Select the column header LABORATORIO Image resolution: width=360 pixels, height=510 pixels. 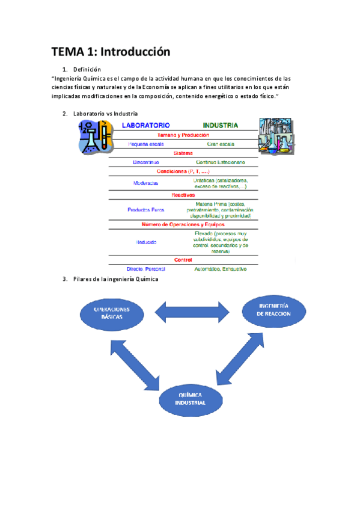tap(145, 126)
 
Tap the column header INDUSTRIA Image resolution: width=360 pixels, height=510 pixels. tap(220, 126)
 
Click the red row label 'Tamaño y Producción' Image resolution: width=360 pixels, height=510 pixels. tap(183, 135)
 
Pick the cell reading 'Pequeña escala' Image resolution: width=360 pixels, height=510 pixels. tap(145, 144)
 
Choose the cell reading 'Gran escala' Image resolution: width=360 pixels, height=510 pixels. tap(220, 144)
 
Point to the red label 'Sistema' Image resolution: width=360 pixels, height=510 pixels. tap(183, 153)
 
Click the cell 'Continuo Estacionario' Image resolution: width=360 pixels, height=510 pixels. tap(220, 162)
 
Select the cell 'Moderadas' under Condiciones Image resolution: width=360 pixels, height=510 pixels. tap(145, 183)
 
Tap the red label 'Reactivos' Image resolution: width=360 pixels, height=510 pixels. tap(183, 195)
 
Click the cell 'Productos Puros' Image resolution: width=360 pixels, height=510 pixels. tap(145, 210)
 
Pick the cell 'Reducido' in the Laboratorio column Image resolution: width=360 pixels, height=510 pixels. tap(145, 242)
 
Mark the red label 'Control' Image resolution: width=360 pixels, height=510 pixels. tap(183, 260)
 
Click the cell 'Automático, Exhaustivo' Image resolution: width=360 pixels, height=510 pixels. tap(220, 269)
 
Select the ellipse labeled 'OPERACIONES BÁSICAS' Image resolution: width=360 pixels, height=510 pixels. tap(112, 312)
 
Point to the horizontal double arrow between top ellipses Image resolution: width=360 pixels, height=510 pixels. tap(193, 312)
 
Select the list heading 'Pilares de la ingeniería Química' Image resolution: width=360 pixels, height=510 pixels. tap(115, 278)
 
